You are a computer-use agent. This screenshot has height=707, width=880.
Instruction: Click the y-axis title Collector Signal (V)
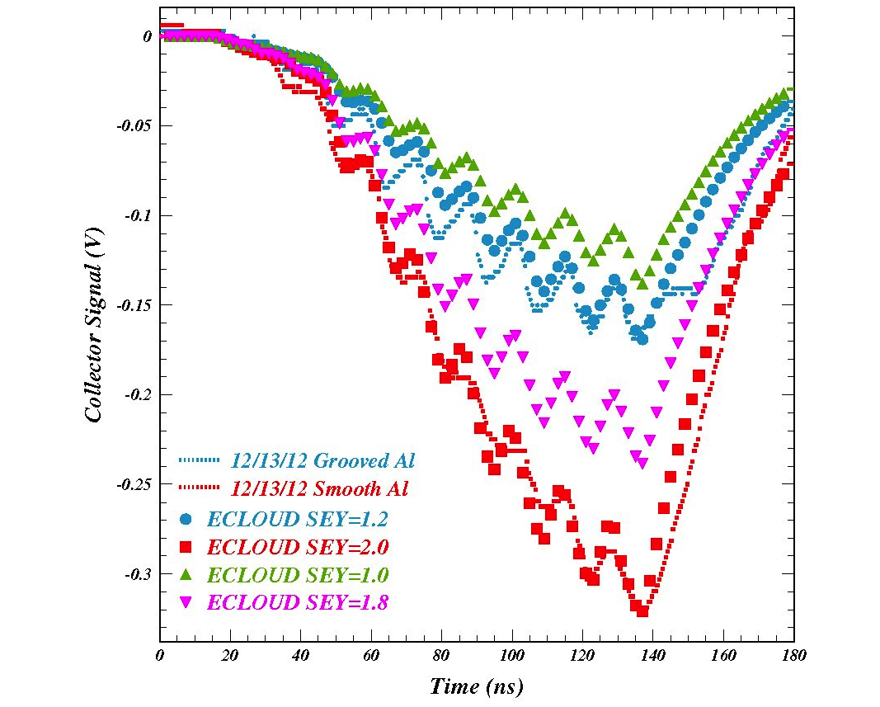(95, 324)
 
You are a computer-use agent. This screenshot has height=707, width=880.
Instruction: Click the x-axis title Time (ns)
(476, 686)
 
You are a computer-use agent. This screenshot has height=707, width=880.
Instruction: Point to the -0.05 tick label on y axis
(132, 125)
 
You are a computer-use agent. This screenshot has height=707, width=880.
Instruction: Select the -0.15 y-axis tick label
(132, 305)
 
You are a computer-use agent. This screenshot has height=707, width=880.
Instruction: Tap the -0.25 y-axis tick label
(132, 484)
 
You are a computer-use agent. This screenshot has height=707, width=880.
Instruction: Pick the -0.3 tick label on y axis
(136, 574)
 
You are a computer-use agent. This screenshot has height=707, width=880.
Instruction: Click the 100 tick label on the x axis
(511, 656)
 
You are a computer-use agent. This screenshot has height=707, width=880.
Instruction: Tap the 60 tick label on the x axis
(370, 656)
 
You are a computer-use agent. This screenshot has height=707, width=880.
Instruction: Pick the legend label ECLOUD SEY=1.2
(298, 519)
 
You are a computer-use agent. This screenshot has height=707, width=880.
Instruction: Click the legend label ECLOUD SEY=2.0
(298, 547)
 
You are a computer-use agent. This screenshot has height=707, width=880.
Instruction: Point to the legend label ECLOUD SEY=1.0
(298, 575)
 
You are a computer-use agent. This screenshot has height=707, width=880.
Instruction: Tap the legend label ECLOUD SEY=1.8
(298, 603)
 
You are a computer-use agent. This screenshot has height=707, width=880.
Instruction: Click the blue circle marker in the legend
(186, 519)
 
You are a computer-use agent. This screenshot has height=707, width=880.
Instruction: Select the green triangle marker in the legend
(186, 574)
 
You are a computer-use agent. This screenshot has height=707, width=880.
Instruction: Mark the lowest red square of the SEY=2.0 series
(642, 611)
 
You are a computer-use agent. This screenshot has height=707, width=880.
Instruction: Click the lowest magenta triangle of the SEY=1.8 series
(642, 464)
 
